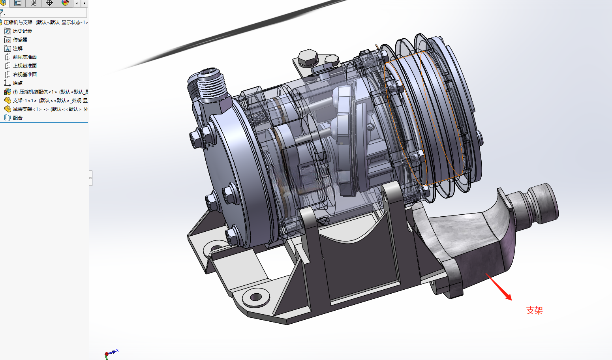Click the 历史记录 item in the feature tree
(x=23, y=31)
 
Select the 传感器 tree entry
(x=20, y=39)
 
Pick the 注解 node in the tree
(x=17, y=48)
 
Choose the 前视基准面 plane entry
(x=24, y=57)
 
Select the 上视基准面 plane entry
(x=24, y=66)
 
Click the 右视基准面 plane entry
(x=24, y=74)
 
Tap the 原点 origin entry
(x=17, y=83)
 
